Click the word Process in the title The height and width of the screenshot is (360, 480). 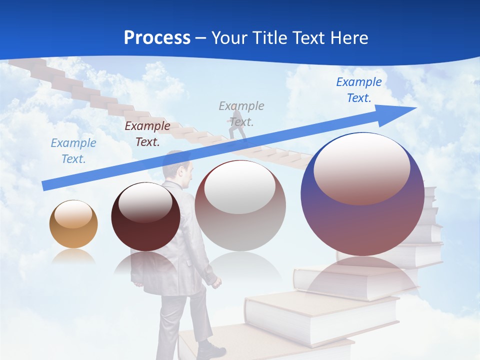click(157, 38)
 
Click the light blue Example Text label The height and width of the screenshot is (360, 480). click(73, 151)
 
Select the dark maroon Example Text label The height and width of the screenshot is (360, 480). click(147, 134)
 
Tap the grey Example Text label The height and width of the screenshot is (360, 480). click(241, 113)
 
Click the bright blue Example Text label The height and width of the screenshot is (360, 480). click(359, 90)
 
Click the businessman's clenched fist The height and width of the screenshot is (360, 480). click(216, 283)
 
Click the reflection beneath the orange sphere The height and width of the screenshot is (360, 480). click(73, 256)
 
